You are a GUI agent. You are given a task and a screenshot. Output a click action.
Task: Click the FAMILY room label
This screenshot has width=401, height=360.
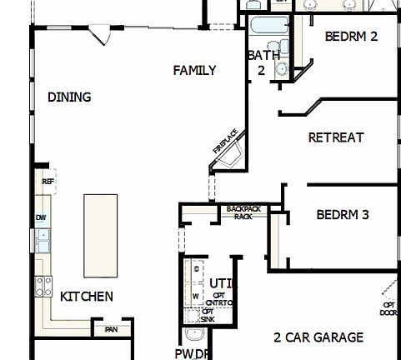[194, 71]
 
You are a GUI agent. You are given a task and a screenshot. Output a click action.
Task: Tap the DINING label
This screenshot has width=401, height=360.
[69, 97]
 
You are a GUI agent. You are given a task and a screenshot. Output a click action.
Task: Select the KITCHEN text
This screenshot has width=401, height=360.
[87, 296]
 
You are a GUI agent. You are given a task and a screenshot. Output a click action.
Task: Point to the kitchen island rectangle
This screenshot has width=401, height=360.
[101, 235]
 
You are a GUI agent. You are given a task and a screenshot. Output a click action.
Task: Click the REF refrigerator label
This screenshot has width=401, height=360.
[48, 181]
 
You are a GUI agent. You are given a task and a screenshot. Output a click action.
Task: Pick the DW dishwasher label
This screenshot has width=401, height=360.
[41, 217]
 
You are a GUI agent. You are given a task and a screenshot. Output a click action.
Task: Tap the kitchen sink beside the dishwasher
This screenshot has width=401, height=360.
[42, 240]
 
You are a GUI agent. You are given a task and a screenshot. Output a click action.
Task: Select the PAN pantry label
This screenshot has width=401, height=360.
[110, 330]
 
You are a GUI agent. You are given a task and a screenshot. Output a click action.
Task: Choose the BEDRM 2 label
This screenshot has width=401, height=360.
[351, 36]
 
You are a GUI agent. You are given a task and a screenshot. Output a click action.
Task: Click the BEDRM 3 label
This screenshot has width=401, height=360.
[343, 214]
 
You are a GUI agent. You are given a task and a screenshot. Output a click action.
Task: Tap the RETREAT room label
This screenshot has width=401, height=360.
[336, 137]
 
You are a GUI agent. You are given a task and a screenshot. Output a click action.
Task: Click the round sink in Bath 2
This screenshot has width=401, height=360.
[282, 68]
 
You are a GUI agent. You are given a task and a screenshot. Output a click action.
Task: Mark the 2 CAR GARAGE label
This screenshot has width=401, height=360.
[318, 337]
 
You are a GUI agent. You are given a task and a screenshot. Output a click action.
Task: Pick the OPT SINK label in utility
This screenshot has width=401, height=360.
[208, 315]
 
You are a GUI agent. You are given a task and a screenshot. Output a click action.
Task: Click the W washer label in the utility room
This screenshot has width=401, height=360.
[195, 294]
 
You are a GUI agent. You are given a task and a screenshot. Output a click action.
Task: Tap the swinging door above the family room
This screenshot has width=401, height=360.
[101, 35]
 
